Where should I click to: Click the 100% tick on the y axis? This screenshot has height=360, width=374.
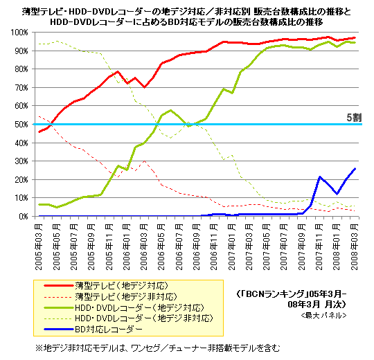19,33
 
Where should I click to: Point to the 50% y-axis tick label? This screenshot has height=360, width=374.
21,125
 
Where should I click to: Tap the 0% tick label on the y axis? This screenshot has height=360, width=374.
23,216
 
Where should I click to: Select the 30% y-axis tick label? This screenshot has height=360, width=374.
21,161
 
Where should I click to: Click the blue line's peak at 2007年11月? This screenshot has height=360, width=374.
319,177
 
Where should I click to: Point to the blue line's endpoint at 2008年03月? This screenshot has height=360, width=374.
355,168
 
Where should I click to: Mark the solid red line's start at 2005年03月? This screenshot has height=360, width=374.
39,132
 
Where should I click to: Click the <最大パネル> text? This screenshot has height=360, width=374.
323,315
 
